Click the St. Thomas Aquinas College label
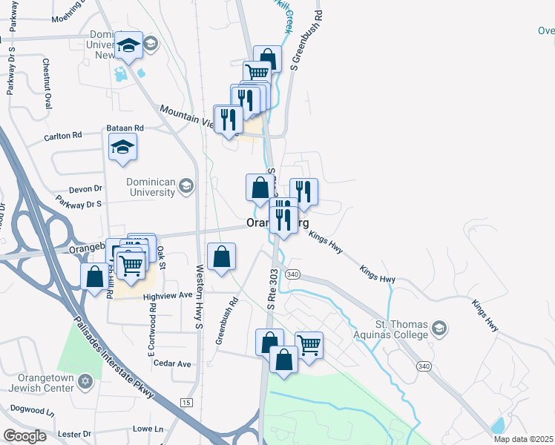pyautogui.click(x=401, y=329)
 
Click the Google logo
pyautogui.click(x=24, y=435)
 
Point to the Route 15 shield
pyautogui.click(x=185, y=402)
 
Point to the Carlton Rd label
pyautogui.click(x=62, y=136)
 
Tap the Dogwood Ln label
pyautogui.click(x=33, y=409)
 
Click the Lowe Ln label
pyautogui.click(x=148, y=429)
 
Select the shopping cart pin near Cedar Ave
pyautogui.click(x=309, y=343)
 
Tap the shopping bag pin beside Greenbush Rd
pyautogui.click(x=222, y=257)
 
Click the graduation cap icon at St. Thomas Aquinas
pyautogui.click(x=439, y=329)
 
